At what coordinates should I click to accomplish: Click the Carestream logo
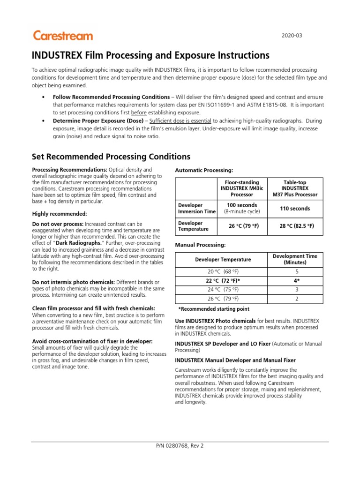[63, 36]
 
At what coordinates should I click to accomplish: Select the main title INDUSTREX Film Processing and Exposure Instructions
[150, 56]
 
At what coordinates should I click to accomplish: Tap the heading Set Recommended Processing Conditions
[111, 157]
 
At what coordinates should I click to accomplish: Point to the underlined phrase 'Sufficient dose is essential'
[179, 120]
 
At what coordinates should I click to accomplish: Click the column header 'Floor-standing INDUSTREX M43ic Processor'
[240, 188]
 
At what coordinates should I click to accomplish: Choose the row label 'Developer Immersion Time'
[196, 209]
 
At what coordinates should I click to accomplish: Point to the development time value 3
[296, 289]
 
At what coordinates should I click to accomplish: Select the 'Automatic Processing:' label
[203, 170]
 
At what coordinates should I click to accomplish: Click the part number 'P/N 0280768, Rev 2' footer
[180, 446]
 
